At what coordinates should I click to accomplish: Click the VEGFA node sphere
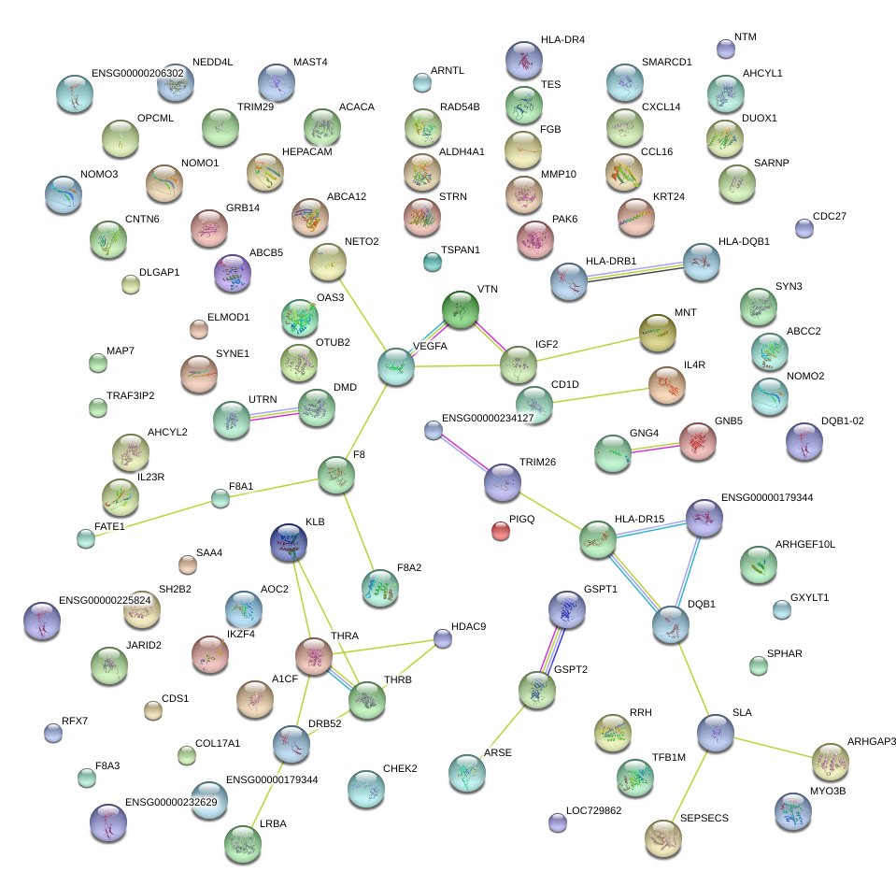(x=395, y=365)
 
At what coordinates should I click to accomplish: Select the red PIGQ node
(x=501, y=531)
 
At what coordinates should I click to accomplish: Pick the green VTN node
(x=460, y=309)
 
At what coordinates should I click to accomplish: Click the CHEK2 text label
(x=399, y=769)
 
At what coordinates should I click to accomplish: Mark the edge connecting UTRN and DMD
(x=273, y=414)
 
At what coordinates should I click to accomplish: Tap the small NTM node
(x=725, y=48)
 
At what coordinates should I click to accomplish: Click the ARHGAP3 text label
(x=871, y=741)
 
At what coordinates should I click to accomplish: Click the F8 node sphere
(x=335, y=476)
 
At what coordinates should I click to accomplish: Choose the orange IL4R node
(x=666, y=384)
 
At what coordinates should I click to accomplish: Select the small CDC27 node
(x=804, y=227)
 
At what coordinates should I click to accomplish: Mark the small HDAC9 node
(x=443, y=638)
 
